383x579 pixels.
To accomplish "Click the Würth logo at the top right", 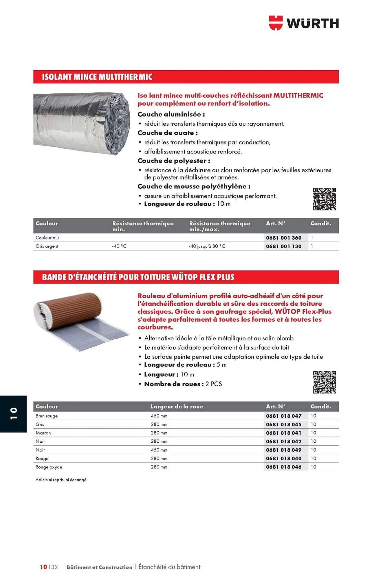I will pos(304,23).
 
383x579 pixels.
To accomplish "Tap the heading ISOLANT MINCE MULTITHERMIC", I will pos(97,77).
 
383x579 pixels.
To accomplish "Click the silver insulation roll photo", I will pos(82,123).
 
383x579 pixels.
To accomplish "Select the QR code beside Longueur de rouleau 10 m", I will pos(324,199).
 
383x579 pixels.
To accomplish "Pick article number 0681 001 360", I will pos(284,238).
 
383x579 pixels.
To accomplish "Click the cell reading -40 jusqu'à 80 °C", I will pos(207,246).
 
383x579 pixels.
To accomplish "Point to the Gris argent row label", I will pos(47,246).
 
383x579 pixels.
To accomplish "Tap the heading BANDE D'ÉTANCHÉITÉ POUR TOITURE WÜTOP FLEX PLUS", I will pos(138,277).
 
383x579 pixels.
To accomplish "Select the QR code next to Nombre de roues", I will pos(324,382).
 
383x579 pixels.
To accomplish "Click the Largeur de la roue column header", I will pos(177,406).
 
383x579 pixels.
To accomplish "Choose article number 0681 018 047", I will pos(284,416).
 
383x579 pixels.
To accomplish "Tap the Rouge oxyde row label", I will pos(49,467).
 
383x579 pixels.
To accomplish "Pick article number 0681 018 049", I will pos(284,450).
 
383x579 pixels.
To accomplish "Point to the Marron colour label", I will pos(43,433).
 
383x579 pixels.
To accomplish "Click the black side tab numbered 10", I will pos(13,414).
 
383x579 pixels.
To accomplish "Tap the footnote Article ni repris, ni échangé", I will pos(61,480).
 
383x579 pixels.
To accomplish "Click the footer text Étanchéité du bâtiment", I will pos(169,567).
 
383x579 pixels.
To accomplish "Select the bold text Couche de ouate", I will pos(167,133).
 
